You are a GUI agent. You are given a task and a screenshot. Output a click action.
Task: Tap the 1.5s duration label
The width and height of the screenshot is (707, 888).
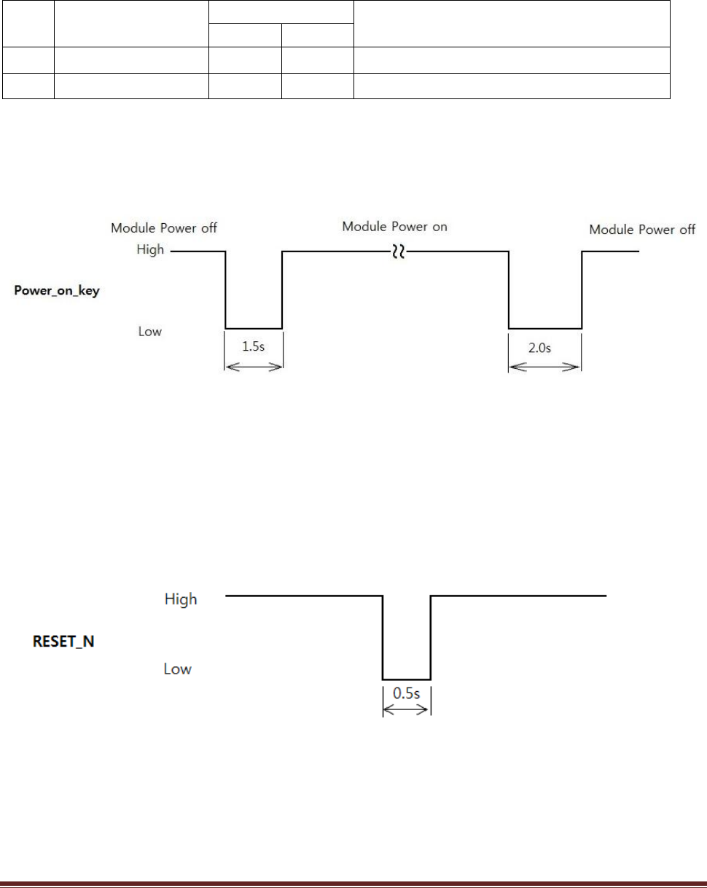point(253,348)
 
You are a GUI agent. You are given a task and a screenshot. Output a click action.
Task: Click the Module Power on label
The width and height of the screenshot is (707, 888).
point(395,227)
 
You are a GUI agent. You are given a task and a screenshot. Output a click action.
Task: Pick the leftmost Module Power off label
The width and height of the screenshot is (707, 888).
point(164,228)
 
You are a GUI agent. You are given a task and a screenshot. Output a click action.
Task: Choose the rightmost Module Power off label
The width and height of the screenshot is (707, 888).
point(642,230)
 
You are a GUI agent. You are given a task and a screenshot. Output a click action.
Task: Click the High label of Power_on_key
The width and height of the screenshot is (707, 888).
point(151,249)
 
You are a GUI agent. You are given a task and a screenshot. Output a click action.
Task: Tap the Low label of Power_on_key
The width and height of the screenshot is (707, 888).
point(149,332)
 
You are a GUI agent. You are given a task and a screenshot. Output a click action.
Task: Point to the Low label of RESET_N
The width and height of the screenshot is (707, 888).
point(177,669)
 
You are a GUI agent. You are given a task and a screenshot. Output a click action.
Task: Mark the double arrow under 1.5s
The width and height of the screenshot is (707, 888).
point(253,368)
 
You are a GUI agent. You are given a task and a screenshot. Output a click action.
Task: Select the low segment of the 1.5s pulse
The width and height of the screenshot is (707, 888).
point(253,329)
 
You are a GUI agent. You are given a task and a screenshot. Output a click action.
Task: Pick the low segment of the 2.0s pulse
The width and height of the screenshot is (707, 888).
point(544,329)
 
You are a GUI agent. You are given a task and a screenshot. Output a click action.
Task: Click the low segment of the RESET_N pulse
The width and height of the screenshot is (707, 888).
point(407,679)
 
